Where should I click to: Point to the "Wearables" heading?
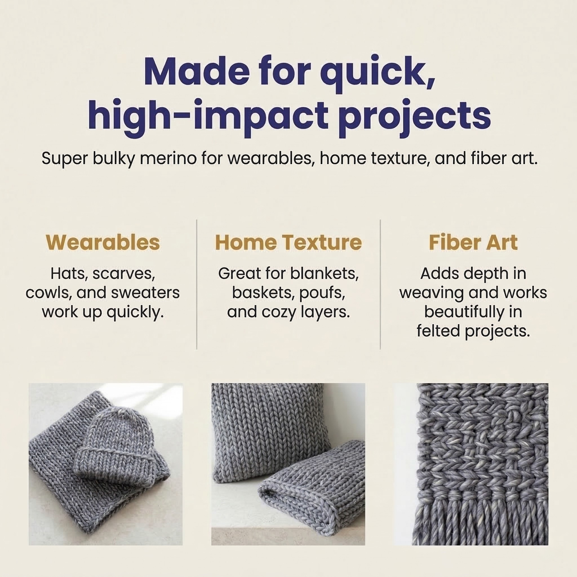point(103,242)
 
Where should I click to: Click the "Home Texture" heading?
point(288,242)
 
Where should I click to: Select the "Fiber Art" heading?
point(473,242)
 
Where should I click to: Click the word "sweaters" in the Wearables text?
point(145,293)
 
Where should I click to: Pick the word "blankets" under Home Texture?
point(324,274)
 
